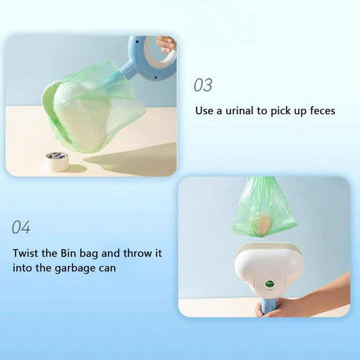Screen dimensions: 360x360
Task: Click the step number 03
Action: tap(203, 85)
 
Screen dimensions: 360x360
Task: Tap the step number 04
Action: tap(21, 228)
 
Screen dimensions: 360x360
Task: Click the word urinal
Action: tap(239, 111)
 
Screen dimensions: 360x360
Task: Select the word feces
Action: tap(323, 111)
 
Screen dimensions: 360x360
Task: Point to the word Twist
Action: tap(26, 253)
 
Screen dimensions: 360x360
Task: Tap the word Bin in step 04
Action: tap(69, 253)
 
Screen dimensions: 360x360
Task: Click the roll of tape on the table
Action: tap(57, 162)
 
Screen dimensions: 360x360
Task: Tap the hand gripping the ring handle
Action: tap(165, 45)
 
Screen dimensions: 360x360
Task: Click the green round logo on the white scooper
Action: tap(269, 284)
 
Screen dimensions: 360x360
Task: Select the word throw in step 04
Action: tap(136, 253)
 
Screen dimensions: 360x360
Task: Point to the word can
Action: tap(107, 269)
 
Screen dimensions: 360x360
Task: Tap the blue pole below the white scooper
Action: tap(269, 307)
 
